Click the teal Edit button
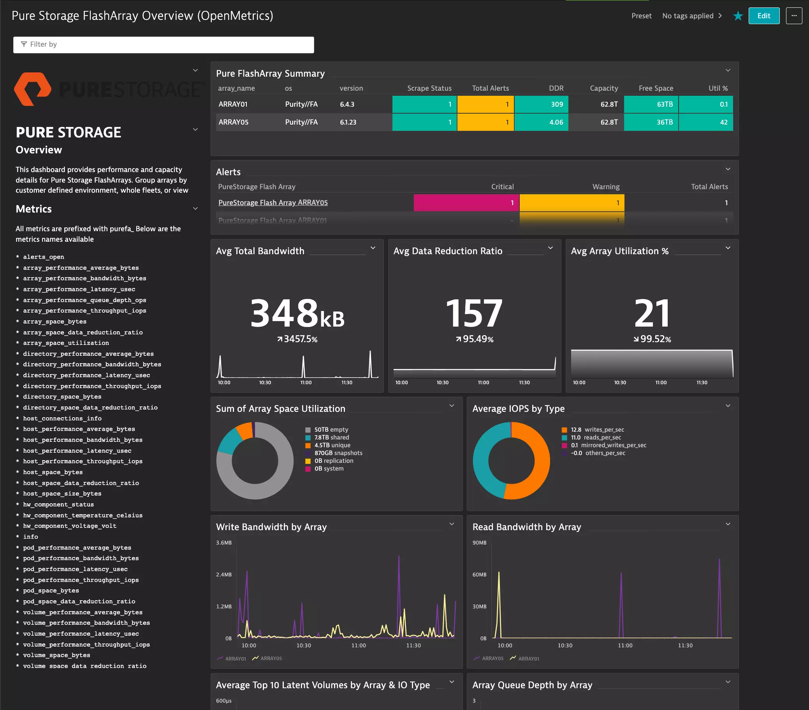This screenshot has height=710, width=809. [x=763, y=16]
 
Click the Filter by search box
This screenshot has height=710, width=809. [x=164, y=44]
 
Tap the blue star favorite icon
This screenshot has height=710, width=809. [x=738, y=16]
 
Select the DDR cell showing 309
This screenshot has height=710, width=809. [x=541, y=104]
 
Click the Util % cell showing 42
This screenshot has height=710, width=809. [x=706, y=122]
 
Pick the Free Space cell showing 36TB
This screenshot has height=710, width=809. [x=651, y=122]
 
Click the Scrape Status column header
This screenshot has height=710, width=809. [x=429, y=88]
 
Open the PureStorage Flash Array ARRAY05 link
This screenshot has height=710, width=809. [x=273, y=203]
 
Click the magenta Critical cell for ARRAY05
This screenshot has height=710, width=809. [x=466, y=203]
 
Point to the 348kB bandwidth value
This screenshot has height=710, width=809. [x=297, y=314]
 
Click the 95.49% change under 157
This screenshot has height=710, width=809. [x=475, y=339]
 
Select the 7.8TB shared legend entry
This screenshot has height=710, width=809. [x=331, y=437]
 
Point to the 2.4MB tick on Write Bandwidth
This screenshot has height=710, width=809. [x=223, y=575]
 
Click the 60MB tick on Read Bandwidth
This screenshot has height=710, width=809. [x=479, y=575]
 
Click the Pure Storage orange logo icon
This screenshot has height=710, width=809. [x=33, y=89]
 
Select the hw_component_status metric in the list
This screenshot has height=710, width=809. [x=58, y=504]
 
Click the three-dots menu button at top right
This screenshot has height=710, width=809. [x=793, y=16]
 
